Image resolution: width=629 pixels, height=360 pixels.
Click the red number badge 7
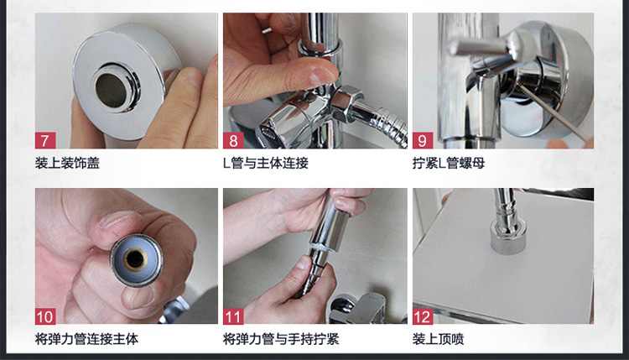[x=45, y=140]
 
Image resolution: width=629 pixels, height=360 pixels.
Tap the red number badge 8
[x=233, y=140]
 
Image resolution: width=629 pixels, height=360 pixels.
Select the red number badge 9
[x=423, y=140]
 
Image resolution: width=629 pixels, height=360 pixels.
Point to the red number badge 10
[x=45, y=316]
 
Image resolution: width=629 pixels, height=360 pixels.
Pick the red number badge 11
[x=233, y=316]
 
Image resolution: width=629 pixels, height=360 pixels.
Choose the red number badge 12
[x=423, y=316]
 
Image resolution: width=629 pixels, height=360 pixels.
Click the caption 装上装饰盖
[x=67, y=163]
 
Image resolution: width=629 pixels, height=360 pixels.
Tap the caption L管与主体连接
[x=266, y=163]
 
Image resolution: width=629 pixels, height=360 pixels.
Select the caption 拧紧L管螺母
[x=449, y=163]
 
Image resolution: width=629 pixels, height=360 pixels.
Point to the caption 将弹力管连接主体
[x=86, y=339]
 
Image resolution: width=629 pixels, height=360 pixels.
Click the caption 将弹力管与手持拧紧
[x=281, y=339]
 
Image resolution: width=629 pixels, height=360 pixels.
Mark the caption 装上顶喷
[x=438, y=339]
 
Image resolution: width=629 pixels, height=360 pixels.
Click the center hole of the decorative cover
[x=112, y=91]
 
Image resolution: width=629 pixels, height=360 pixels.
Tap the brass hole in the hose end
[x=135, y=259]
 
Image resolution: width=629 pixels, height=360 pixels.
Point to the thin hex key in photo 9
[x=553, y=112]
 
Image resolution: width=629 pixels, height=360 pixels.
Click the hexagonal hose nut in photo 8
[x=346, y=104]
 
